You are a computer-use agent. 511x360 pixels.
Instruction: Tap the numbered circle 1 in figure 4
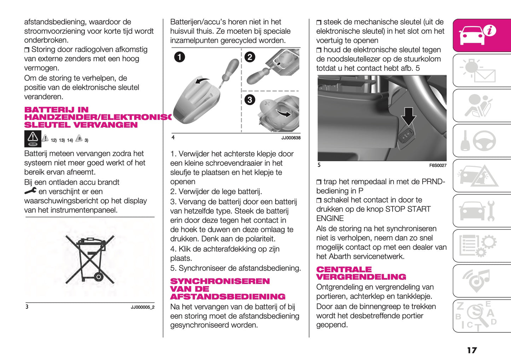(179, 57)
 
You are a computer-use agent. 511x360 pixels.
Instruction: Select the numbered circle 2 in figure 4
(250, 57)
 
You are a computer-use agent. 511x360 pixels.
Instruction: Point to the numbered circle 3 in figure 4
(250, 100)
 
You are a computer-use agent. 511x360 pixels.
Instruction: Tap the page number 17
(472, 350)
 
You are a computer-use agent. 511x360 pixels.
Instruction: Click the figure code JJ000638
(291, 138)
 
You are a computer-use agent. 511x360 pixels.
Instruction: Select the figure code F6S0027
(437, 166)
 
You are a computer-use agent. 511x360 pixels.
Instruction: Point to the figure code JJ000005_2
(143, 307)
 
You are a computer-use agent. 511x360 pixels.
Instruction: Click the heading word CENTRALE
(344, 269)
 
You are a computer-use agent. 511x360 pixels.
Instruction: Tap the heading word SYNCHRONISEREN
(220, 281)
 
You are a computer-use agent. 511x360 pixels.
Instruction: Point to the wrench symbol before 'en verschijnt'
(30, 191)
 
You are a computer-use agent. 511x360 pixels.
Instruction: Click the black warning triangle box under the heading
(33, 139)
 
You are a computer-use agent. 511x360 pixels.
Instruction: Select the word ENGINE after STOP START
(330, 219)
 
